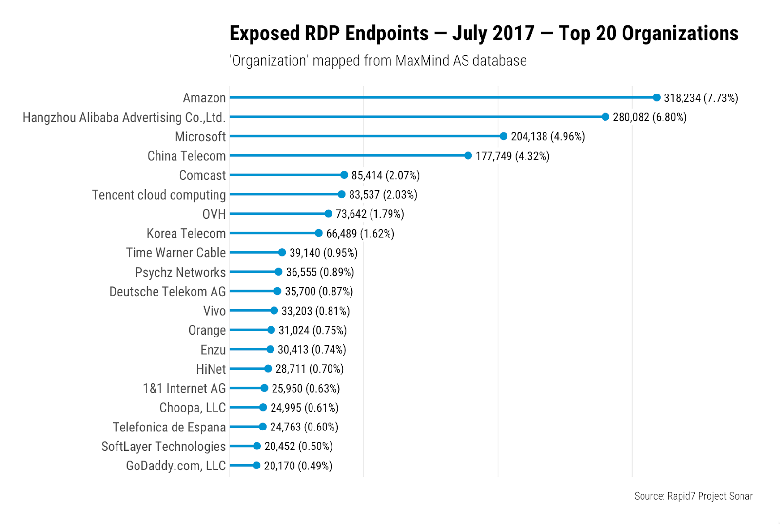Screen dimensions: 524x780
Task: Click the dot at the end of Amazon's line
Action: [x=656, y=98]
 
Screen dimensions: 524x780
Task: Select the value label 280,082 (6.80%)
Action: [x=649, y=117]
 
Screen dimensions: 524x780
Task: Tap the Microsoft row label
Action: [x=200, y=137]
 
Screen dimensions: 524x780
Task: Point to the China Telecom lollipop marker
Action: [x=468, y=156]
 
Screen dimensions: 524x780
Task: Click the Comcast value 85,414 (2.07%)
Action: [x=385, y=175]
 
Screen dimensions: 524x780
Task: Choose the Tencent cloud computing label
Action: [x=159, y=195]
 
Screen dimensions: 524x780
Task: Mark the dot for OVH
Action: [x=328, y=214]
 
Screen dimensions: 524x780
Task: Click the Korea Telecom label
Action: [x=186, y=233]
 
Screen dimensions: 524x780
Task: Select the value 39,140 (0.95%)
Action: [x=323, y=253]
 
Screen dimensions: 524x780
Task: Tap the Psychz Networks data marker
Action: [x=278, y=272]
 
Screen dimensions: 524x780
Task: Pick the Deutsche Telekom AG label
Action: [x=168, y=292]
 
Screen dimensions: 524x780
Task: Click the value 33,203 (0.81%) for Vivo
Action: [x=315, y=311]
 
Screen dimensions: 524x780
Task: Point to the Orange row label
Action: [x=207, y=330]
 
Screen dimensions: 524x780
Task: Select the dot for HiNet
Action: [x=268, y=369]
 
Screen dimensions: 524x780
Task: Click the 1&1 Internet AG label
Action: [x=184, y=388]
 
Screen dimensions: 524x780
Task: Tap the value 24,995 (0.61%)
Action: [x=304, y=408]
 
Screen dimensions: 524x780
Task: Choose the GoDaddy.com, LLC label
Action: [x=176, y=466]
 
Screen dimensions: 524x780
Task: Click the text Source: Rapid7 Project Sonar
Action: [x=693, y=496]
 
